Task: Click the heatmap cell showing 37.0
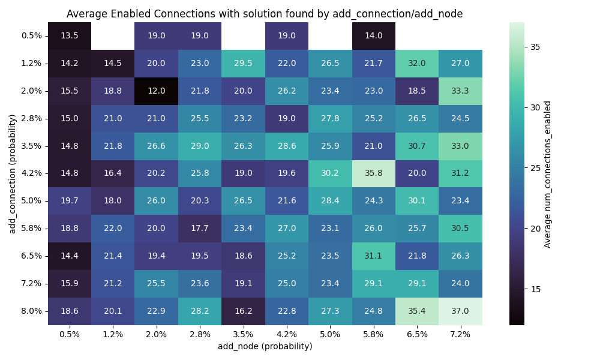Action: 460,311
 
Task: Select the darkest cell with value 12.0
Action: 156,91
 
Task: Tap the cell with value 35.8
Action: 373,173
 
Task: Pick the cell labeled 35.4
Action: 417,311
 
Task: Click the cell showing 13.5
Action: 70,35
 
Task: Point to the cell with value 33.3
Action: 460,91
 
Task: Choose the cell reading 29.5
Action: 243,63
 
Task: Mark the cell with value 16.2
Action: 243,311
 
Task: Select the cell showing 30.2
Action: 330,173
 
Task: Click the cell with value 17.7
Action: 200,229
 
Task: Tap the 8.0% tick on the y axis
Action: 31,311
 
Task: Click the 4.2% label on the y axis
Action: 31,173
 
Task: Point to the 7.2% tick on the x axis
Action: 460,334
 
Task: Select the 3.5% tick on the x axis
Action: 243,334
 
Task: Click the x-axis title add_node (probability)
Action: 265,346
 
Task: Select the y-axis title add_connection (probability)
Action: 12,173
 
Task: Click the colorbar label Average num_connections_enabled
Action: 547,173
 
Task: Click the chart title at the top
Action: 265,14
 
